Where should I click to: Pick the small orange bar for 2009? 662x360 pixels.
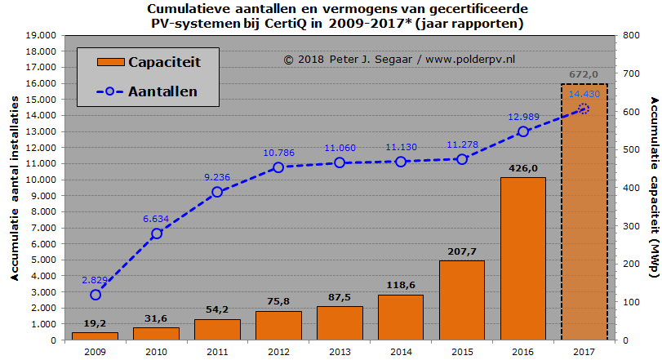click(95, 336)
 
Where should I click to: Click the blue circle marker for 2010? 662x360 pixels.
click(157, 233)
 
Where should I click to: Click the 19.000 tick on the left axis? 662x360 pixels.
click(41, 36)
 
